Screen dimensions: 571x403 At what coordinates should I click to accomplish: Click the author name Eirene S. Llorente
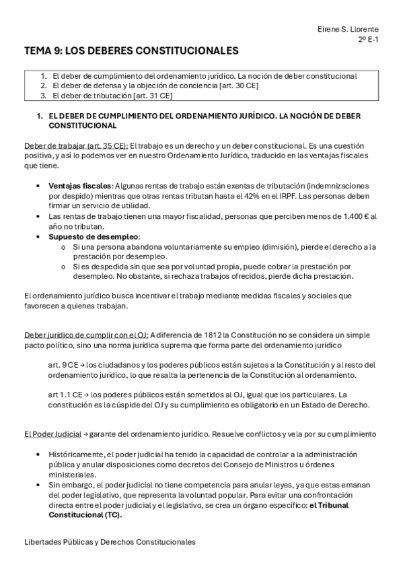[x=349, y=30]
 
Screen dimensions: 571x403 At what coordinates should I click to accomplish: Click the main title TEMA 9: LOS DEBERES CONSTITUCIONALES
[x=131, y=51]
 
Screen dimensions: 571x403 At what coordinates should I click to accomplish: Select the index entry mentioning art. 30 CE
[x=159, y=86]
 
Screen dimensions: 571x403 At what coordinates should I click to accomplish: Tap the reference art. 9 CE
[x=65, y=365]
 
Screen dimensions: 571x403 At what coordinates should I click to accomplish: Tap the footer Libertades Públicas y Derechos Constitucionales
[x=109, y=541]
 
